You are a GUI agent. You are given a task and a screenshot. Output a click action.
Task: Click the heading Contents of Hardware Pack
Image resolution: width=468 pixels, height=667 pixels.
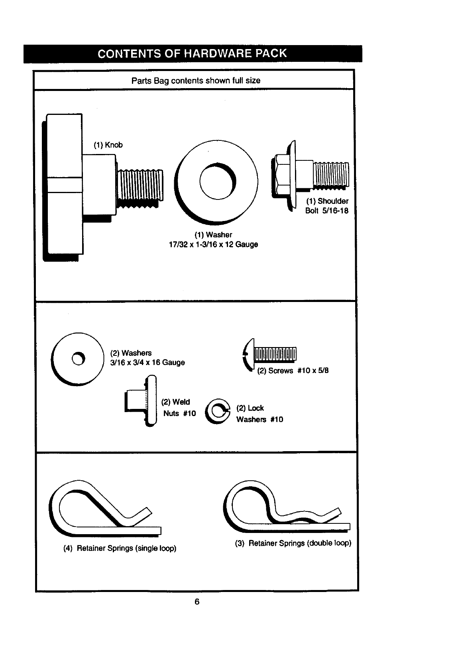[x=192, y=53]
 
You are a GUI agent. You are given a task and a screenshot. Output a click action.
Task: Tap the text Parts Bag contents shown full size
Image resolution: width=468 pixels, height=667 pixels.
[x=196, y=81]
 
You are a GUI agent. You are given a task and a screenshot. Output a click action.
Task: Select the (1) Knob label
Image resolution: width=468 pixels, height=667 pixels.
[x=108, y=145]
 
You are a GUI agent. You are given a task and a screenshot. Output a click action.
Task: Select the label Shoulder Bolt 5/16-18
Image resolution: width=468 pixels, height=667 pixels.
[x=326, y=206]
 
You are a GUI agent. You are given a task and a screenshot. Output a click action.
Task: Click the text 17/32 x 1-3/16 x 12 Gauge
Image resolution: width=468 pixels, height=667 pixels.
[x=213, y=245]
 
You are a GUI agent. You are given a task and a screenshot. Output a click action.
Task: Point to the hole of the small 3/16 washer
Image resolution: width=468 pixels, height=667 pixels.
[x=78, y=359]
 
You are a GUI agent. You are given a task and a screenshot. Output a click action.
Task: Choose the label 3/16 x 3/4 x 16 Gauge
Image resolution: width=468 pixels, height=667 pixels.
[x=147, y=362]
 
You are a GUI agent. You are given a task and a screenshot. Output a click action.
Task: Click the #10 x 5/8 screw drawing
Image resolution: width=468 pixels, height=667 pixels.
[x=269, y=354]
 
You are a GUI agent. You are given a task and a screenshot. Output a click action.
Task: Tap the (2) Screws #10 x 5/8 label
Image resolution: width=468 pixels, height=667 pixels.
[x=293, y=371]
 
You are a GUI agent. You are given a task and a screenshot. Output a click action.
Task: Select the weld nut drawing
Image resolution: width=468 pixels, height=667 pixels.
[x=141, y=401]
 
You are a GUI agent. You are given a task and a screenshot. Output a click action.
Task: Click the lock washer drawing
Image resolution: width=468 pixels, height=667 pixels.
[x=218, y=411]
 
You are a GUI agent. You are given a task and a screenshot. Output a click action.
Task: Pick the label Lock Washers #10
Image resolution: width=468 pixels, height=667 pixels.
[x=260, y=414]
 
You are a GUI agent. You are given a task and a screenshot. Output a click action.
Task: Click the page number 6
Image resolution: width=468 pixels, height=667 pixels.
[x=197, y=602]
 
